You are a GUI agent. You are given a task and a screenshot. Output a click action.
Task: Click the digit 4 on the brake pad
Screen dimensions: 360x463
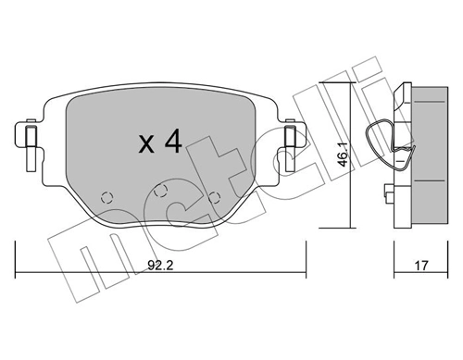tap(170, 142)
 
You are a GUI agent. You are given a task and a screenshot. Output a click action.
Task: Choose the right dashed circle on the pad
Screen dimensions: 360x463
tap(216, 196)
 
